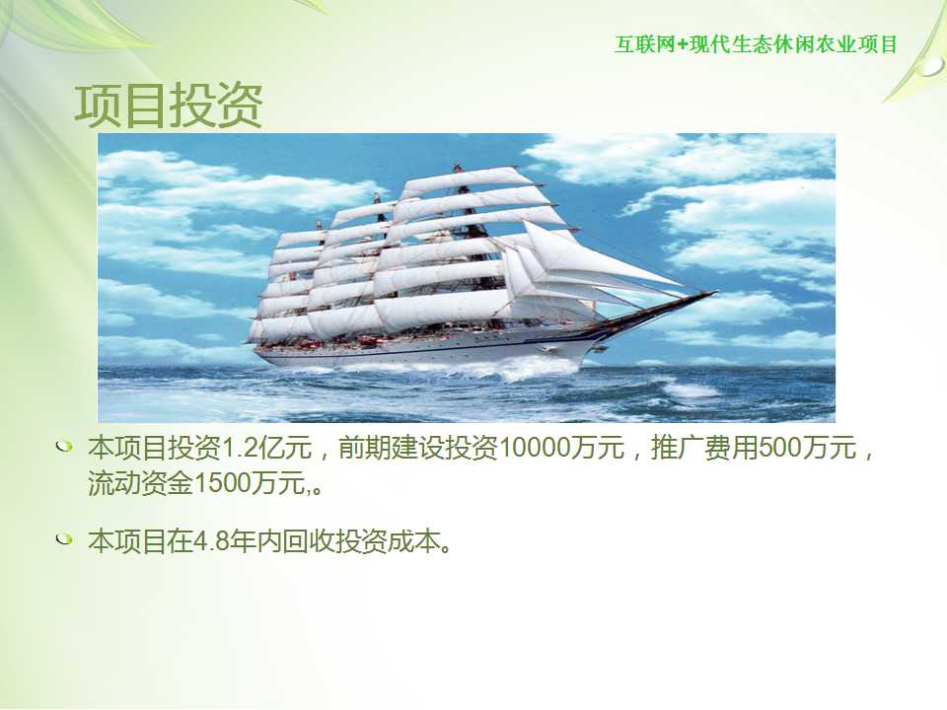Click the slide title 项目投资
pyautogui.click(x=169, y=106)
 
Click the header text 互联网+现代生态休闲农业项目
pyautogui.click(x=757, y=44)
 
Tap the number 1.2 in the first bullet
pyautogui.click(x=239, y=448)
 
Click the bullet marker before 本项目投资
pyautogui.click(x=63, y=448)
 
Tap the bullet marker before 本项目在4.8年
pyautogui.click(x=63, y=538)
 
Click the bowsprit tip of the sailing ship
pyautogui.click(x=716, y=292)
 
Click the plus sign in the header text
pyautogui.click(x=683, y=45)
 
